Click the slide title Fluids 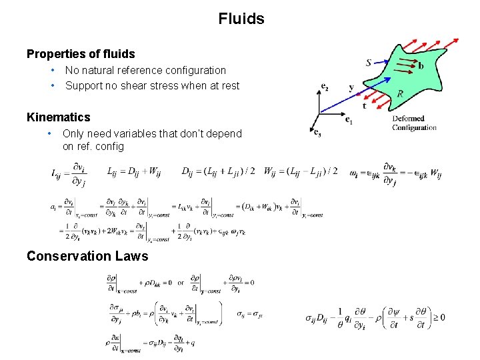241,19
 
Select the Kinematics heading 59,117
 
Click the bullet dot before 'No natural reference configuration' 52,71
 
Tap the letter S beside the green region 369,63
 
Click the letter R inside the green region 400,94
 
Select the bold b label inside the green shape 420,66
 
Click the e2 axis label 325,87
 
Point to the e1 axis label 349,121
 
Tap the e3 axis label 317,132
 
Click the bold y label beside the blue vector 351,88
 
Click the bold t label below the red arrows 364,106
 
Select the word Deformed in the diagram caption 409,119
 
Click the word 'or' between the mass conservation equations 180,282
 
